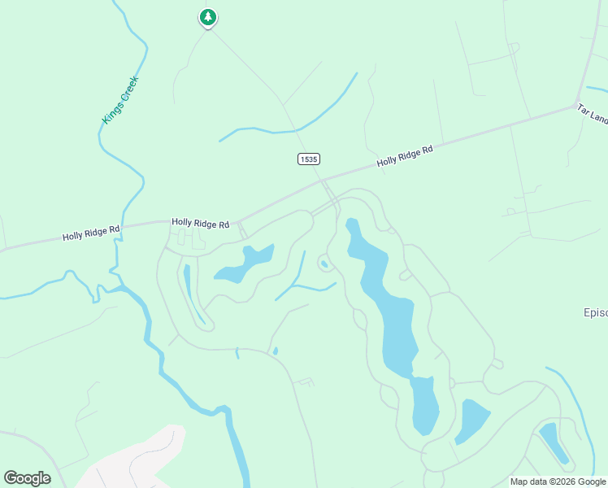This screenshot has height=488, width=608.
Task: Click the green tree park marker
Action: pos(208,17)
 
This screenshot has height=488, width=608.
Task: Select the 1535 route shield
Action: pos(308,159)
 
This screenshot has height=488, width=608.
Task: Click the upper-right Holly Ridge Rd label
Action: pos(405,155)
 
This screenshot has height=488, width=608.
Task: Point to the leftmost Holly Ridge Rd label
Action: pos(91,233)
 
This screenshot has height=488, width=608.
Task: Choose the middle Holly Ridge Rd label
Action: pos(200,223)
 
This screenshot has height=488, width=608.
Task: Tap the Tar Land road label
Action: pos(592,114)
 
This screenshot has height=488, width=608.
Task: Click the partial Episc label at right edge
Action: pos(595,312)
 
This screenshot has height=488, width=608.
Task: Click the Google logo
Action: pos(27,478)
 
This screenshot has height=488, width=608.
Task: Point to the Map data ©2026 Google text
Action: pos(558,481)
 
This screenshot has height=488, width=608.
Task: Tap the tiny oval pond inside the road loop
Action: pos(324,263)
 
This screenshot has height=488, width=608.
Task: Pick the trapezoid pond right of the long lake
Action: pos(471,419)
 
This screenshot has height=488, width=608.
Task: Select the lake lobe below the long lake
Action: pos(424,407)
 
